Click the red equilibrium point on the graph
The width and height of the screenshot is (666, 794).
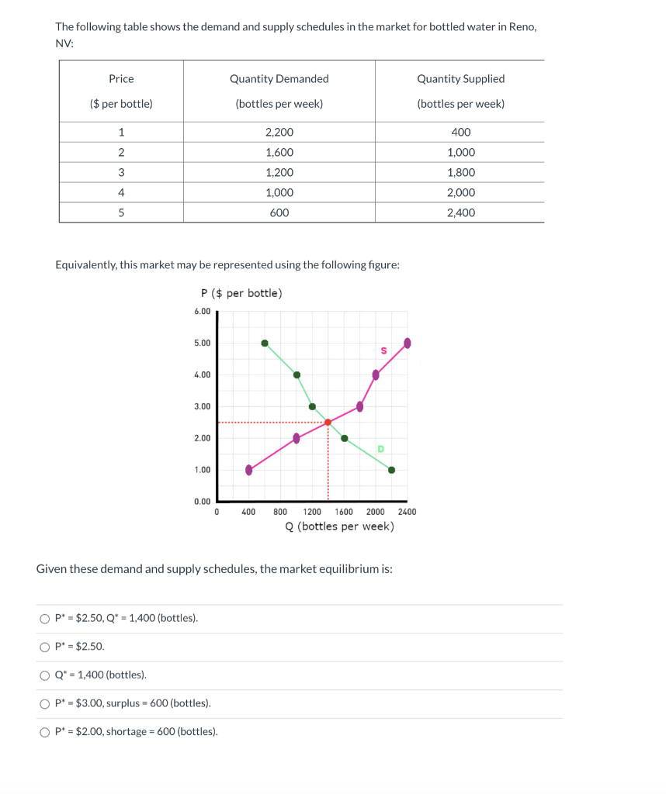pyautogui.click(x=328, y=423)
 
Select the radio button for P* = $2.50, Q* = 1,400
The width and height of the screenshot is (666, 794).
pyautogui.click(x=44, y=619)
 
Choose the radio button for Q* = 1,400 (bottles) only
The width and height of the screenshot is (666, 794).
pyautogui.click(x=44, y=675)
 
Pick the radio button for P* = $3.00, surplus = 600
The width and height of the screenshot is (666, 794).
pyautogui.click(x=44, y=703)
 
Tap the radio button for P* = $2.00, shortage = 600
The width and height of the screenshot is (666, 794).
pyautogui.click(x=44, y=732)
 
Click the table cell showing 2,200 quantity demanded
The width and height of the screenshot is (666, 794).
pyautogui.click(x=279, y=133)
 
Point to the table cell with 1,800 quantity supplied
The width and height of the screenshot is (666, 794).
pyautogui.click(x=460, y=173)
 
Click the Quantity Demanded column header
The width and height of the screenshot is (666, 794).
pyautogui.click(x=279, y=79)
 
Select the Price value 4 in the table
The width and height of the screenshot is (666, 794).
pyautogui.click(x=121, y=193)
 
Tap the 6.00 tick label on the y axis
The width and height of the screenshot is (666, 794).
pyautogui.click(x=202, y=312)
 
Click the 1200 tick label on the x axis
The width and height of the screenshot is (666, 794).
pyautogui.click(x=312, y=512)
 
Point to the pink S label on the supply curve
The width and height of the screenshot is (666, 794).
pyautogui.click(x=383, y=351)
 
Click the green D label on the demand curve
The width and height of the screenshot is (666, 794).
pyautogui.click(x=380, y=449)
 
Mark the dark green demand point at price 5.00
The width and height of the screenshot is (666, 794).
pyautogui.click(x=265, y=343)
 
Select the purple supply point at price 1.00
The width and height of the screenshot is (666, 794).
pyautogui.click(x=248, y=470)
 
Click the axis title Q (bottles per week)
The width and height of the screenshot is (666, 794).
pyautogui.click(x=339, y=526)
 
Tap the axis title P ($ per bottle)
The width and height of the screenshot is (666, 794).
pyautogui.click(x=241, y=293)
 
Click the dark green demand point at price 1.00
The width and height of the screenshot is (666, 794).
pyautogui.click(x=391, y=470)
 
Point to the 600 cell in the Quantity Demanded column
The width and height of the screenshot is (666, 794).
pyautogui.click(x=279, y=213)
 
